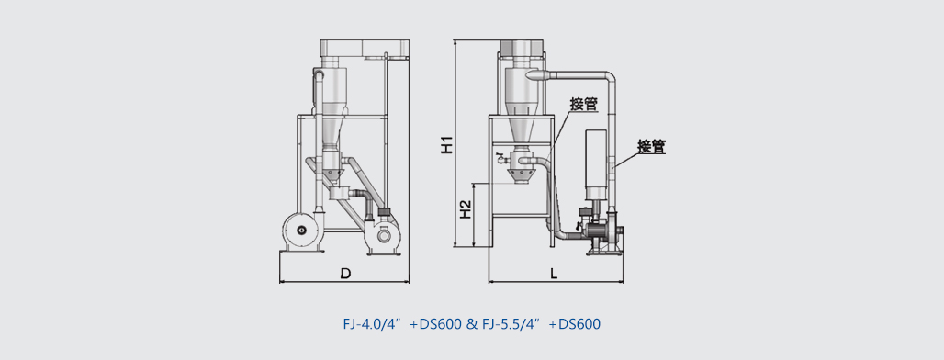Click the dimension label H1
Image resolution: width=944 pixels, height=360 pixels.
(x=446, y=145)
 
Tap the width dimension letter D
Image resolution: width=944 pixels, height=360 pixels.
(x=345, y=274)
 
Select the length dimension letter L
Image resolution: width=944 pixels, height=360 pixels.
(x=554, y=274)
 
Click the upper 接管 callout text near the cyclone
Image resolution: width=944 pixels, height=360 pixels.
(x=583, y=104)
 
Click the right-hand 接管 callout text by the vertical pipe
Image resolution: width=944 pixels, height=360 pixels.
(x=652, y=146)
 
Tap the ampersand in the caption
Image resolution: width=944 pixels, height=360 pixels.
(x=471, y=324)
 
